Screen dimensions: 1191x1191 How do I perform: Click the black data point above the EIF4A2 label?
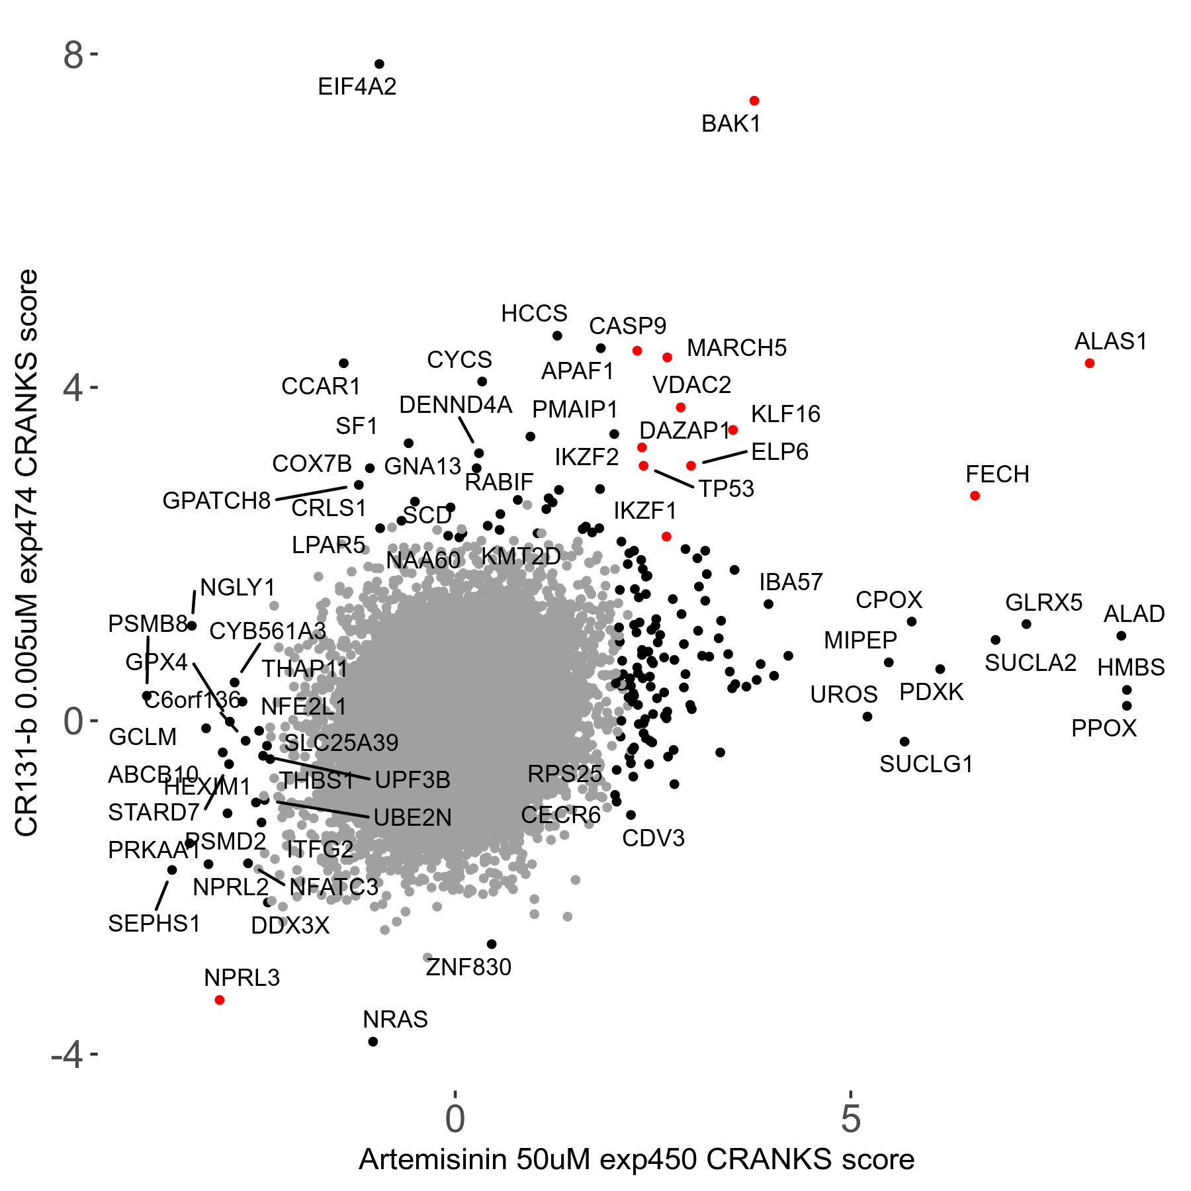(x=379, y=64)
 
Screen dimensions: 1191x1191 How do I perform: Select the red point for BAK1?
(x=754, y=101)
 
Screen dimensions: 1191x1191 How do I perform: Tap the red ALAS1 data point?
(x=1089, y=363)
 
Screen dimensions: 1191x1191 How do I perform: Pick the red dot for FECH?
(x=975, y=496)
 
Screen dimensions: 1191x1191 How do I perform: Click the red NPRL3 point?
(x=220, y=1000)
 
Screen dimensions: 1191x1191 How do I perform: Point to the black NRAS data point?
(x=373, y=1041)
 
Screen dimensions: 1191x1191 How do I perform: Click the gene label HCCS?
(x=534, y=314)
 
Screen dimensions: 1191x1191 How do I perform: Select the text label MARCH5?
(x=736, y=348)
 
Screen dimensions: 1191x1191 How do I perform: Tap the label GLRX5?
(x=1043, y=603)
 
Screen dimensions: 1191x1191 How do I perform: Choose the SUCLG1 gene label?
(x=926, y=764)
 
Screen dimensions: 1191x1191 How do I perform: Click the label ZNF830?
(x=468, y=967)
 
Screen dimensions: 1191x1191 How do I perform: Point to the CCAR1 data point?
(x=343, y=363)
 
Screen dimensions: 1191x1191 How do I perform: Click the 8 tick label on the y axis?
(x=73, y=56)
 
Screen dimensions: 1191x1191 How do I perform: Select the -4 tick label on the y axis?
(x=67, y=1055)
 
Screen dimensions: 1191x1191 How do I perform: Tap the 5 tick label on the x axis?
(x=850, y=1119)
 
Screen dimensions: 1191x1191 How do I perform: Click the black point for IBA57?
(x=768, y=604)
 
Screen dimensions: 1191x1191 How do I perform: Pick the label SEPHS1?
(x=154, y=924)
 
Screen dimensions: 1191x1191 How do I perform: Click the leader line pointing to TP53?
(x=674, y=479)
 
